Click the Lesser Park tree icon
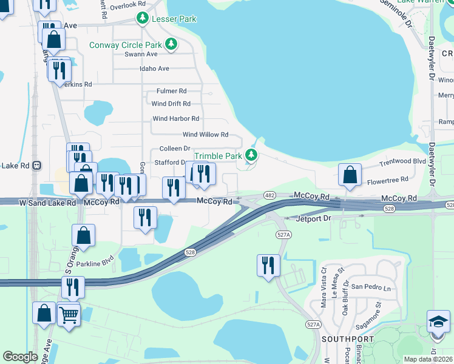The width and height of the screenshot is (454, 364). click(x=143, y=19)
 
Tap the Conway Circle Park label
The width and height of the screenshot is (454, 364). click(x=126, y=45)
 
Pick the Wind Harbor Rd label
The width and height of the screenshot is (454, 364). click(x=175, y=119)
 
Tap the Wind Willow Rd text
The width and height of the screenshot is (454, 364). click(x=205, y=135)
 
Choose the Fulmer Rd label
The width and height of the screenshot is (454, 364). click(x=171, y=90)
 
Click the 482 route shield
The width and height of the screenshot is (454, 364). click(x=270, y=195)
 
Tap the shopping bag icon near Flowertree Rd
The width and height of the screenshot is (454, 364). click(x=350, y=175)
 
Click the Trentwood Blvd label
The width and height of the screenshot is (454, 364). click(x=402, y=162)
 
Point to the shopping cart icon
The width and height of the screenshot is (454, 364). click(x=69, y=315)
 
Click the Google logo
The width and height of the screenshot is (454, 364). click(x=20, y=357)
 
